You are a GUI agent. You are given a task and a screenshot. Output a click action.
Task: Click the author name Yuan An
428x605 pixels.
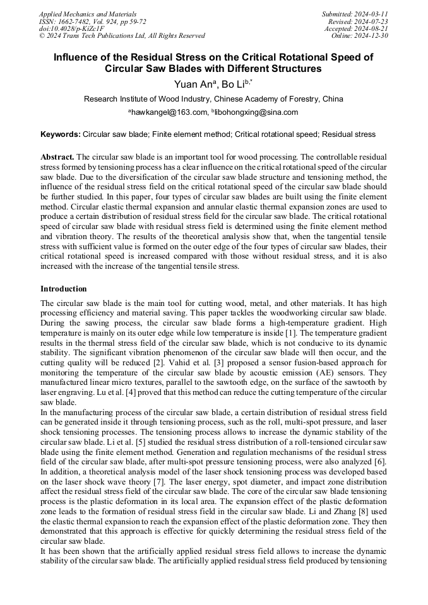tap(192, 85)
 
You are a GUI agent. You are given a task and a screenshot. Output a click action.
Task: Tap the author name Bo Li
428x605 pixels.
tap(234, 85)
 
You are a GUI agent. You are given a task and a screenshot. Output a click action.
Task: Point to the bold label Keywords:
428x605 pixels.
tap(61, 134)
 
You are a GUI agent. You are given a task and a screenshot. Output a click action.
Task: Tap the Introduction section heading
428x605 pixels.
tap(64, 289)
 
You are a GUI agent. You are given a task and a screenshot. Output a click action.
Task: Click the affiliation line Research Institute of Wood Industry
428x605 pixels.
tap(213, 99)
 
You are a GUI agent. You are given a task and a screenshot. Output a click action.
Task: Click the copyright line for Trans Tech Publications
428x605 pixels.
tap(122, 36)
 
